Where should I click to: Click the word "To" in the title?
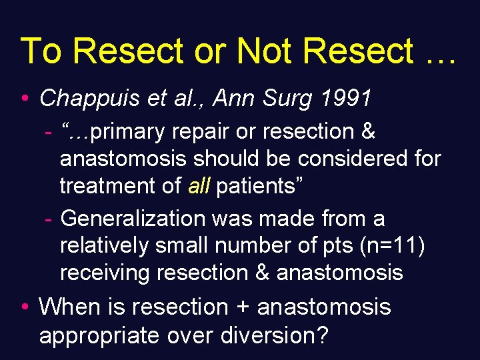(x=41, y=51)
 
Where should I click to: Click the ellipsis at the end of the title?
(x=438, y=57)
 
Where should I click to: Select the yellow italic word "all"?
(x=199, y=186)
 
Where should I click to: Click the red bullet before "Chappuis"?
(x=24, y=99)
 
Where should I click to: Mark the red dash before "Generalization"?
(x=49, y=219)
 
